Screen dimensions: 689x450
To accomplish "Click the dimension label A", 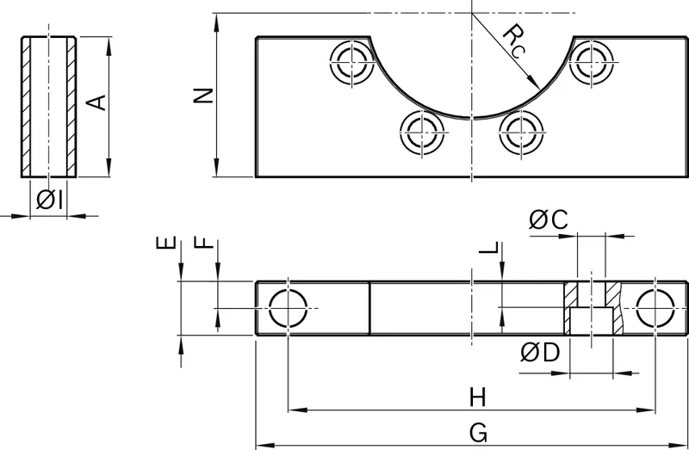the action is coord(96,102).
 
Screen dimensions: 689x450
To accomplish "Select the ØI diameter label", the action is coord(49,200).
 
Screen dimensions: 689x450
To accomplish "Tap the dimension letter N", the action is coord(203,96).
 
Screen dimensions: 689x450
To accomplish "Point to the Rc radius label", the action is coord(514,40).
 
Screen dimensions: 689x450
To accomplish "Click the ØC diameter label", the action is coord(548,219).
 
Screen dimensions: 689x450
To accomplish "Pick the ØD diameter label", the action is coord(540,353).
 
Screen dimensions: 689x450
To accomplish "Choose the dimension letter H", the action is coord(478,398).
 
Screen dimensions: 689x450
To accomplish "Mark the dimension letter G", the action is coord(478,434).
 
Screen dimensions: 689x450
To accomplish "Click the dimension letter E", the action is coord(166,243).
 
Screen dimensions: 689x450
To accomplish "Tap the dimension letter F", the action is coord(203,243).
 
